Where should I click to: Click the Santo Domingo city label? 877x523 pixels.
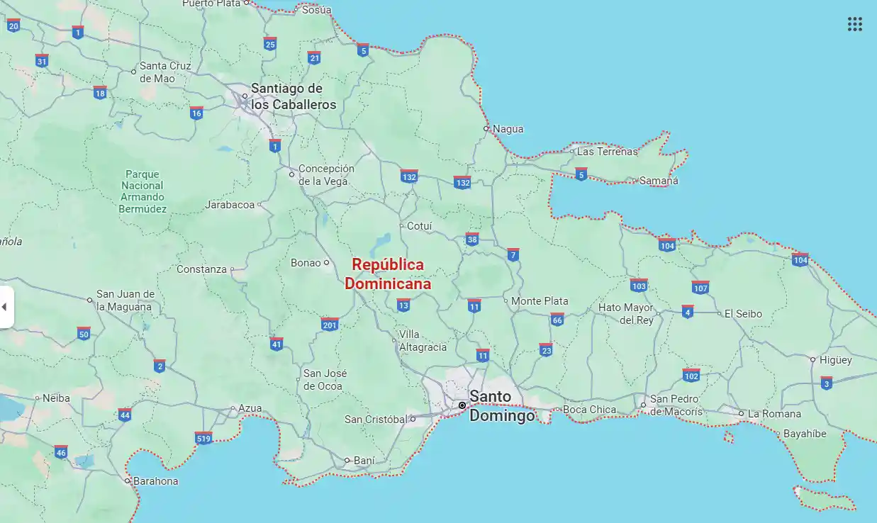click(502, 406)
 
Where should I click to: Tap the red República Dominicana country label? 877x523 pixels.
click(388, 274)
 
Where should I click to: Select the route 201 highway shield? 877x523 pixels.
click(330, 324)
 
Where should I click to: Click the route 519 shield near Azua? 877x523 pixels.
click(203, 439)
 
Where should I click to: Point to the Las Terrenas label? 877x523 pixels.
click(607, 152)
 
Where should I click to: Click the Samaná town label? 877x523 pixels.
click(659, 181)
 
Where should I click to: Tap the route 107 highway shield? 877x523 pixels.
click(700, 288)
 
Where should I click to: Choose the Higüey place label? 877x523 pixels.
click(835, 360)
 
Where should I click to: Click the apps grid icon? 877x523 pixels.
click(854, 24)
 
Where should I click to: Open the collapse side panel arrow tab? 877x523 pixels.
click(6, 307)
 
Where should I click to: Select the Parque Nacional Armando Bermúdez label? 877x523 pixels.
click(143, 191)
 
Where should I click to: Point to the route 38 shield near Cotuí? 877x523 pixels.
click(472, 239)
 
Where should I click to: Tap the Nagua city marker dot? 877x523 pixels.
click(486, 129)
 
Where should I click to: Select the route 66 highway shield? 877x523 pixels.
click(557, 320)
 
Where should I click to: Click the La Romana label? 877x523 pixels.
click(774, 414)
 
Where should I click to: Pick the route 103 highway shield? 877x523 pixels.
click(639, 286)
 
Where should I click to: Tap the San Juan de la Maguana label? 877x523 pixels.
click(125, 300)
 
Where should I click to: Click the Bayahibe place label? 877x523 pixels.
click(805, 434)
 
